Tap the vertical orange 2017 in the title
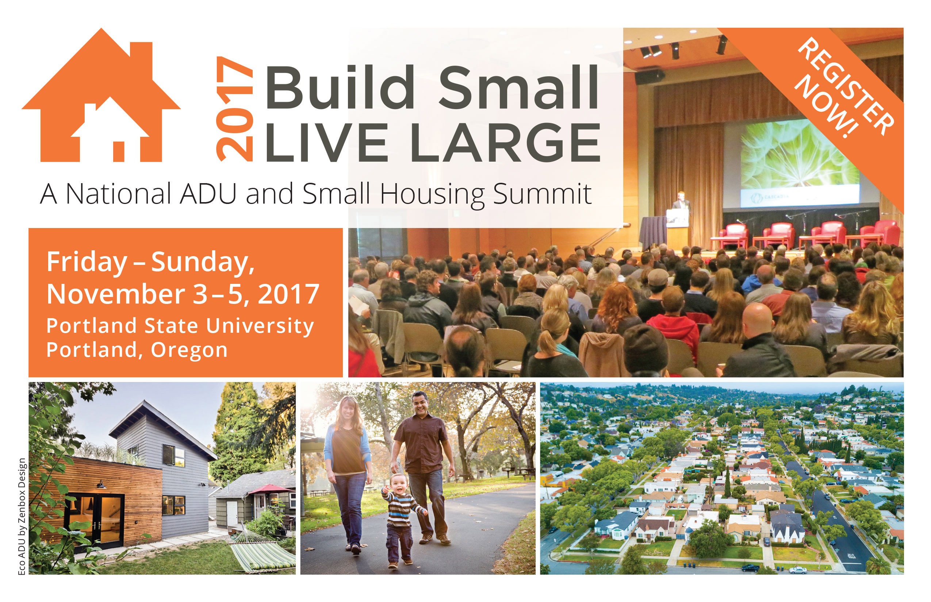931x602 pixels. pyautogui.click(x=235, y=109)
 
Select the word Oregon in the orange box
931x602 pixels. pyautogui.click(x=189, y=350)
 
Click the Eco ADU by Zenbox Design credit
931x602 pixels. pyautogui.click(x=22, y=516)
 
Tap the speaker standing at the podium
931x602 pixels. pyautogui.click(x=681, y=211)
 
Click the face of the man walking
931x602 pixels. pyautogui.click(x=419, y=404)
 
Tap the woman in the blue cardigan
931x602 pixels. pyautogui.click(x=348, y=473)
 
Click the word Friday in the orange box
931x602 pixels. pyautogui.click(x=87, y=262)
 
